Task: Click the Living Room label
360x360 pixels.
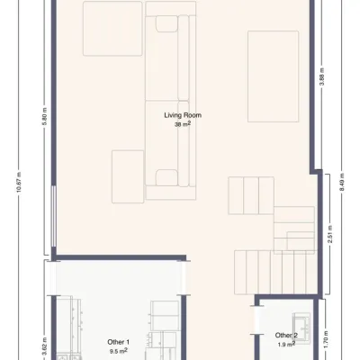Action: tap(183, 115)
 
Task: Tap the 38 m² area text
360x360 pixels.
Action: tap(183, 124)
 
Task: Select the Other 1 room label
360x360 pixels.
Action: tap(118, 342)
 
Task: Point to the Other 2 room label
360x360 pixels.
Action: tap(286, 336)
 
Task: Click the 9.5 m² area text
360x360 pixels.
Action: tap(118, 350)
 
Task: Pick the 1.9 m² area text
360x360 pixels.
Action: tap(285, 345)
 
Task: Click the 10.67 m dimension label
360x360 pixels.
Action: tap(19, 182)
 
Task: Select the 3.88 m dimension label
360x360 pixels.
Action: tap(322, 76)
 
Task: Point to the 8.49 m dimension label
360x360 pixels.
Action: tap(343, 182)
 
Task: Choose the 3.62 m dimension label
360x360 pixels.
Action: tap(45, 346)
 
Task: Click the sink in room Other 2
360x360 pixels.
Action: tap(301, 326)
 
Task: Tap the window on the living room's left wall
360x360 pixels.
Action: tap(53, 216)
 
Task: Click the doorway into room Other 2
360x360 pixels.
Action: tap(256, 319)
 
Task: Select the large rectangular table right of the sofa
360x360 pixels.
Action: tap(273, 76)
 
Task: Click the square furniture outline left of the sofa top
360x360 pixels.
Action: tap(112, 29)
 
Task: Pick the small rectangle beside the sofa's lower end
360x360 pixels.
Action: tap(128, 176)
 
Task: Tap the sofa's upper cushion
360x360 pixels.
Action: tap(166, 23)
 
